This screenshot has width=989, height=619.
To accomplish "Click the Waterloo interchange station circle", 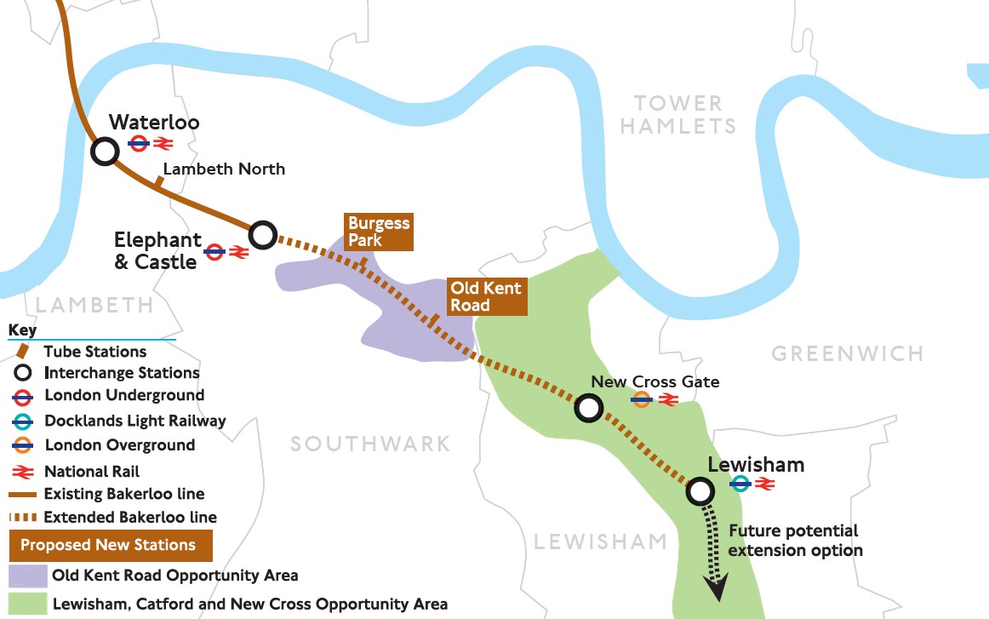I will coord(105,152).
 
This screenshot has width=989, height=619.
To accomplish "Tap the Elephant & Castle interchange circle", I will coord(263,234).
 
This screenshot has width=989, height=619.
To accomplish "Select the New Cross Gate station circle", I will coord(587,408).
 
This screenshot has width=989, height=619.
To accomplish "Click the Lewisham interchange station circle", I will coord(700,490).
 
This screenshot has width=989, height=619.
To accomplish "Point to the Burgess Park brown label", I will coord(379,232).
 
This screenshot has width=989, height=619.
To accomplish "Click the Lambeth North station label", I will coord(224,169).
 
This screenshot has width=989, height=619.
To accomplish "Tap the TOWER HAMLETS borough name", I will coord(677,115).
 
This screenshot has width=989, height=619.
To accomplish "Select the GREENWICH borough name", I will coord(847,353).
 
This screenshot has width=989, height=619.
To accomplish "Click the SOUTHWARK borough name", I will coord(370,444).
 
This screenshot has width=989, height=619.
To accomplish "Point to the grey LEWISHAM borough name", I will coord(601,541).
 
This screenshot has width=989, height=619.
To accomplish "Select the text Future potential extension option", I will coord(795,541).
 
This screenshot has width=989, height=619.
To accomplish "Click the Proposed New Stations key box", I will coord(108,545).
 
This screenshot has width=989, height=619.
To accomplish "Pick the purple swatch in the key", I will coord(26,576).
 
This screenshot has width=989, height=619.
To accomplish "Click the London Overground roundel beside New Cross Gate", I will coord(642,398).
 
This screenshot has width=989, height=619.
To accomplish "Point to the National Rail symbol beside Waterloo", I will coord(163,144).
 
